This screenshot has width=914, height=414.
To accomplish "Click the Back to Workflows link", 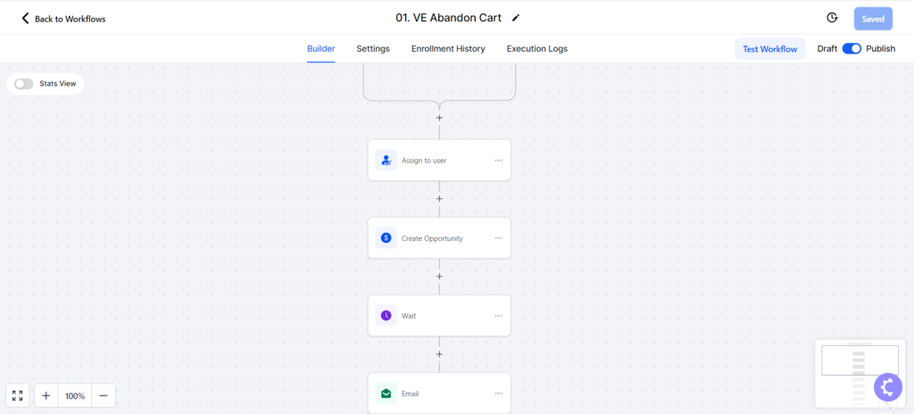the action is point(63,19).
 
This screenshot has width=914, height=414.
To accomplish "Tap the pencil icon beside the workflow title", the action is point(515,18).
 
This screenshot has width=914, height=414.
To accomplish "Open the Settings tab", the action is point(373,49).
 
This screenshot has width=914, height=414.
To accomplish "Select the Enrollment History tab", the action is point(448,49).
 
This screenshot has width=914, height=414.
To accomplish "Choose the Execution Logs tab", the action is point(536,49).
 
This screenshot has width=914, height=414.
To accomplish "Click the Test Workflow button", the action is point(769,49).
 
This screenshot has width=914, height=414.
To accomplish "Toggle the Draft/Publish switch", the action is point(852,49).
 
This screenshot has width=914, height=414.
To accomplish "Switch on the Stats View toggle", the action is point(24,84).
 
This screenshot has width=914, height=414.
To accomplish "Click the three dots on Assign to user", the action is point(498,161).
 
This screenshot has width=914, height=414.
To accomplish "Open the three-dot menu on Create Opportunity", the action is point(498,238).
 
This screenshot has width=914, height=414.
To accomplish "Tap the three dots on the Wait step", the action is point(498,316).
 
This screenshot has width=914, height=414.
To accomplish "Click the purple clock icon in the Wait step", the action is point(386,316).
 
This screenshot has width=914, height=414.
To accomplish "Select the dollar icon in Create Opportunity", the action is point(386,238).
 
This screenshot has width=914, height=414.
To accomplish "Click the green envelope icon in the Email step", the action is point(386,393).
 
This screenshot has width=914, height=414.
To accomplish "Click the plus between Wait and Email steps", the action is point(439,354).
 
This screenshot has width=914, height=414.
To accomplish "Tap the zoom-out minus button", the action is point(104,396).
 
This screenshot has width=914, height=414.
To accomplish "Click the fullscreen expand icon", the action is point(18,396).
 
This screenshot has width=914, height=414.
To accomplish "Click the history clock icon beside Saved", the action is point(832,18).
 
